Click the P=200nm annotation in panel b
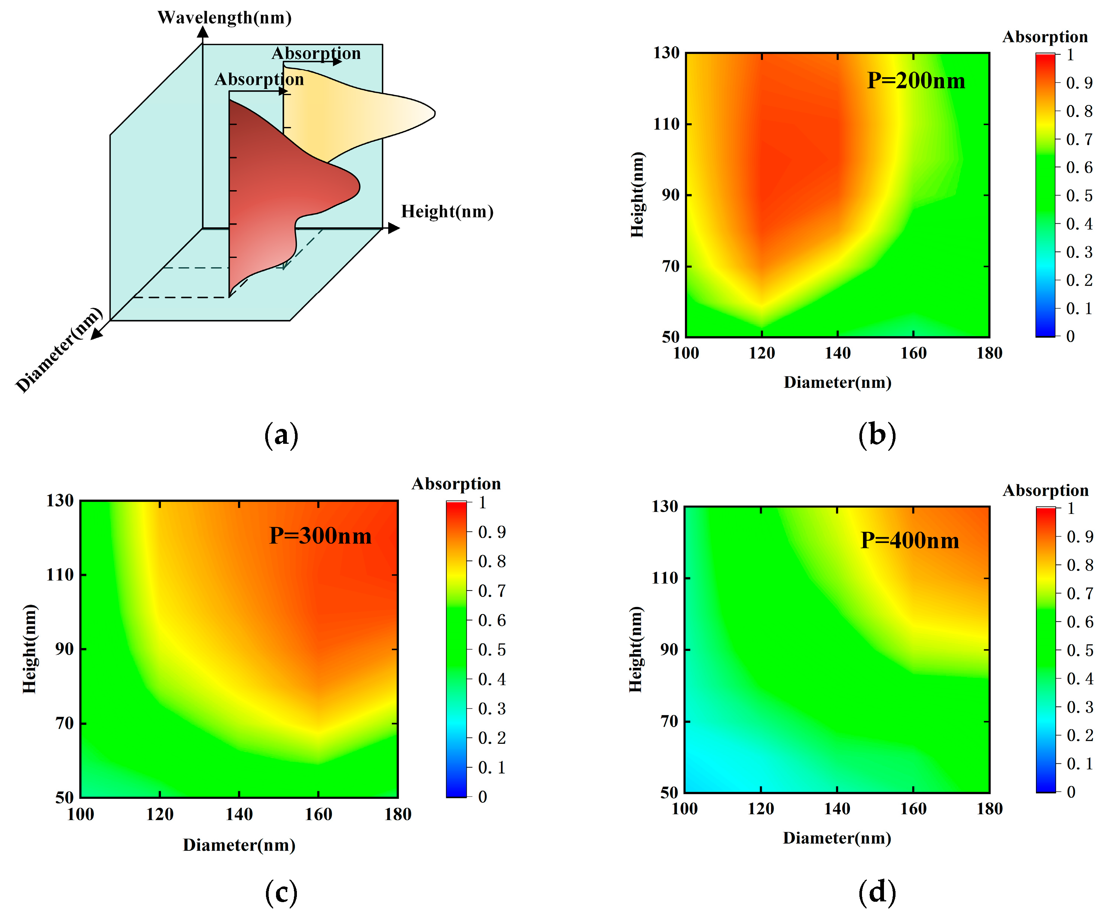[916, 81]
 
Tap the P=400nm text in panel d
[909, 541]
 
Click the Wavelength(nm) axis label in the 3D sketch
[224, 18]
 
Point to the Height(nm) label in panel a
[447, 211]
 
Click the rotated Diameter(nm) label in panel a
[59, 350]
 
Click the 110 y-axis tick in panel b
[666, 124]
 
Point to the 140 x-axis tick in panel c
[239, 815]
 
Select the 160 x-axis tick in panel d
[913, 809]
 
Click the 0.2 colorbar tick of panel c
[492, 738]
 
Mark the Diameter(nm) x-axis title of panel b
[837, 383]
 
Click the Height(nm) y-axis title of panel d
[636, 649]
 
